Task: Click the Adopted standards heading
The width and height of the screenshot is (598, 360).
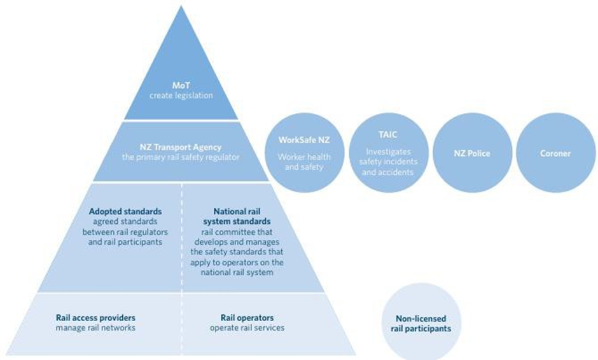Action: (125, 211)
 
